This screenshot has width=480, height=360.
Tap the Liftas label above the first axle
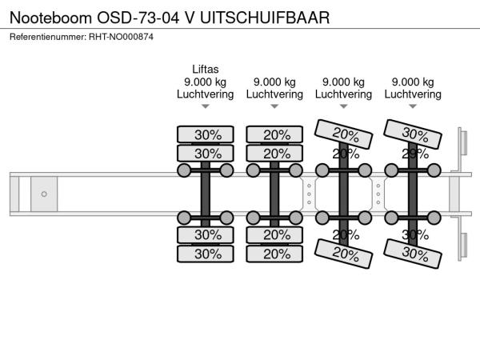pyautogui.click(x=205, y=69)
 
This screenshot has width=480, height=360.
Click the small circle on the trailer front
pyautogui.click(x=44, y=194)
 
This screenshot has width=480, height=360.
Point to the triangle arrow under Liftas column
pyautogui.click(x=205, y=106)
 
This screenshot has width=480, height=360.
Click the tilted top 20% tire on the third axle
pyautogui.click(x=344, y=133)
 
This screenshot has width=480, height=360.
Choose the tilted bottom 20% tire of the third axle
pyautogui.click(x=344, y=255)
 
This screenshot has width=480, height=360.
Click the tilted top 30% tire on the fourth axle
pyautogui.click(x=414, y=133)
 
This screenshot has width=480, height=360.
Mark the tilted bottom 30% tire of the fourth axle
pyautogui.click(x=414, y=255)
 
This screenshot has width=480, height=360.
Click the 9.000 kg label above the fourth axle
pyautogui.click(x=413, y=82)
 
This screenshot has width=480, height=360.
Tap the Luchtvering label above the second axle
pyautogui.click(x=274, y=94)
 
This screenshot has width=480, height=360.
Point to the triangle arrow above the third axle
pyautogui.click(x=343, y=106)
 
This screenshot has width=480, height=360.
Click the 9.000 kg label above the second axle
pyautogui.click(x=274, y=82)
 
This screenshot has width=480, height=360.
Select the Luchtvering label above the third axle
pyautogui.click(x=343, y=94)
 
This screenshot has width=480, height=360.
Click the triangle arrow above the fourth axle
pyautogui.click(x=413, y=106)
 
